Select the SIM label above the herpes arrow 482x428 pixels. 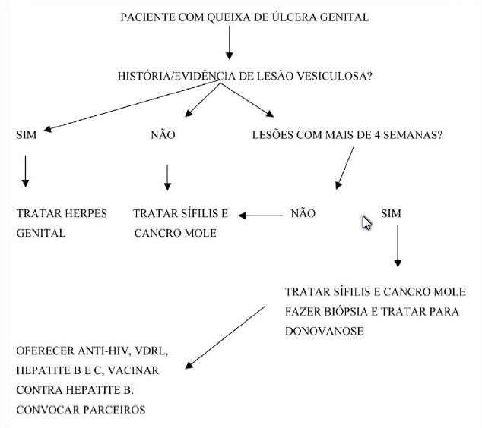tap(27, 134)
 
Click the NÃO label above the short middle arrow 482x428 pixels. tap(163, 134)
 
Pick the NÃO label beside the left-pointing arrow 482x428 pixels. tap(303, 213)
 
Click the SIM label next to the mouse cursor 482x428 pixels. tap(391, 213)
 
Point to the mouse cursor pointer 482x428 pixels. tap(366, 223)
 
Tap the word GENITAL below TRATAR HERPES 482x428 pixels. tap(41, 233)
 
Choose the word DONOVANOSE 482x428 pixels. tap(325, 331)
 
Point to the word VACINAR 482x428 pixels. tap(133, 370)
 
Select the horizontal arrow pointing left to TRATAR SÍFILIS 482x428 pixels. tap(261, 216)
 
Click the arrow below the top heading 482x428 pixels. tap(229, 42)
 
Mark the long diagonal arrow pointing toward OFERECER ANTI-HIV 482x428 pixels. tap(225, 337)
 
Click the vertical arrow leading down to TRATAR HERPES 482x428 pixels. tap(26, 172)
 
